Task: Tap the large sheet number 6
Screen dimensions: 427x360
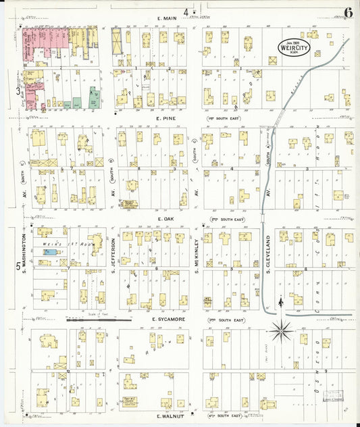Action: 347,12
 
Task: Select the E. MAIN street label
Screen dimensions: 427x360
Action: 167,18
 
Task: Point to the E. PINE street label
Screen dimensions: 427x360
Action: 165,118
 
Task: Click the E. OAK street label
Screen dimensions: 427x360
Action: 165,219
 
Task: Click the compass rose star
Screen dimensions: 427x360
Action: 281,331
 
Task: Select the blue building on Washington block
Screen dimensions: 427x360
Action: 48,252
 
